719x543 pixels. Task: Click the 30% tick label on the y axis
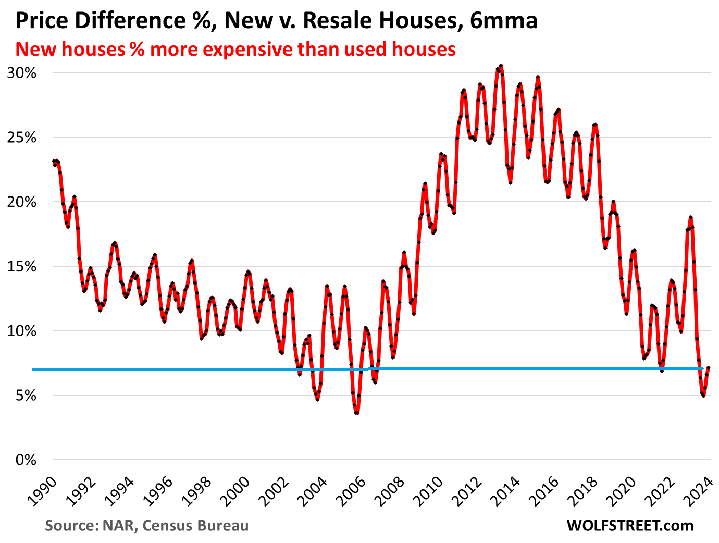pyautogui.click(x=21, y=73)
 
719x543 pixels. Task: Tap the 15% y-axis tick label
pyautogui.click(x=21, y=267)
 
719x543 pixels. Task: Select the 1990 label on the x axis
pyautogui.click(x=41, y=492)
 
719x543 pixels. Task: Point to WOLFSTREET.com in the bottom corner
pyautogui.click(x=630, y=525)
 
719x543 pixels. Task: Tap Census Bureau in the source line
pyautogui.click(x=195, y=525)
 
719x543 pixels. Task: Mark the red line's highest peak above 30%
pyautogui.click(x=501, y=66)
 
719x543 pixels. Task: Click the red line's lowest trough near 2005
pyautogui.click(x=357, y=413)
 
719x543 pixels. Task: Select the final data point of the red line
pyautogui.click(x=709, y=368)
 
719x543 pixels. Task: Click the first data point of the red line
pyautogui.click(x=53, y=161)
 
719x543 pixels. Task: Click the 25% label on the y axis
pyautogui.click(x=21, y=138)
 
